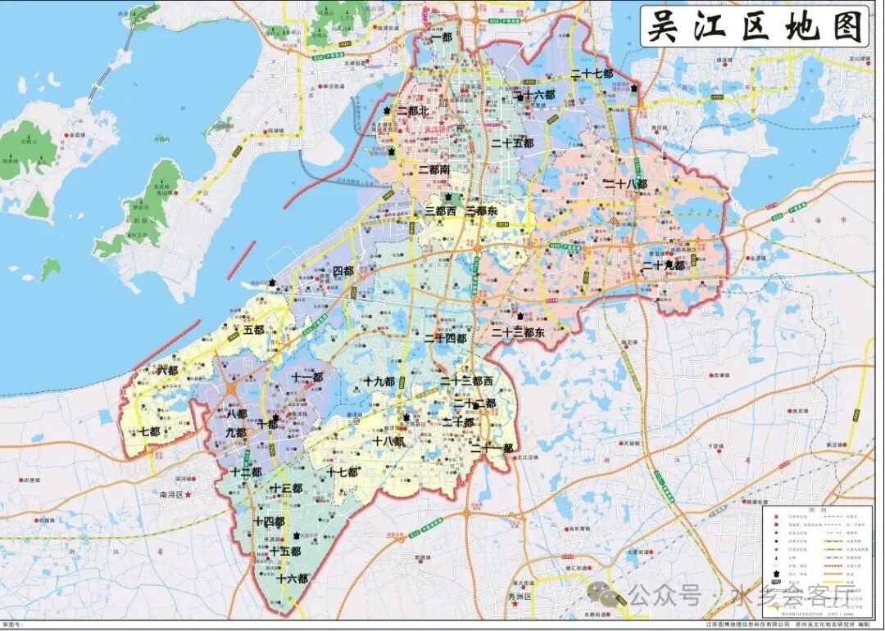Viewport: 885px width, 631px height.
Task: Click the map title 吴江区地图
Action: [755, 26]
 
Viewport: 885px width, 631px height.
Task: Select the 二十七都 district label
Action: [592, 74]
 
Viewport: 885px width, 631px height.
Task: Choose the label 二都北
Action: [413, 110]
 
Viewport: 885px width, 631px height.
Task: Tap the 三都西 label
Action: [440, 211]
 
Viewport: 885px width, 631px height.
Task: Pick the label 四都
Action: [343, 271]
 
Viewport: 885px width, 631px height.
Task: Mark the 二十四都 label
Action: [445, 338]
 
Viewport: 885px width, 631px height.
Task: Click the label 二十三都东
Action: [518, 333]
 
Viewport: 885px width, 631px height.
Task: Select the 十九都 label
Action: [379, 382]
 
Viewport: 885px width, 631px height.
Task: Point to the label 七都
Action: [149, 432]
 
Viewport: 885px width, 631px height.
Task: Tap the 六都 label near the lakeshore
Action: [167, 371]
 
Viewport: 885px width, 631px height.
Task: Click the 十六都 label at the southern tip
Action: [292, 579]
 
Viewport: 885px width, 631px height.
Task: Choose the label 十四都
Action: [269, 521]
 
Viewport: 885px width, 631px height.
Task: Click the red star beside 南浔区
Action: [188, 495]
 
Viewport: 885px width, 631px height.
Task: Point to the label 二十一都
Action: [492, 448]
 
